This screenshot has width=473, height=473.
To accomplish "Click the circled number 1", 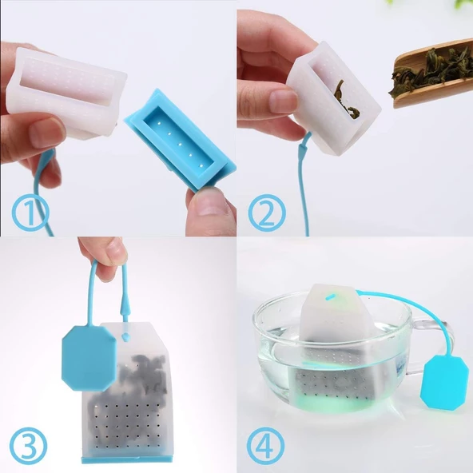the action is [x=30, y=212].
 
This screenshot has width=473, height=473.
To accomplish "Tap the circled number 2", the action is [x=267, y=213].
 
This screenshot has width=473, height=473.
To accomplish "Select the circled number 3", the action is [x=28, y=446].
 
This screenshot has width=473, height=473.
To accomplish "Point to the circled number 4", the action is [x=265, y=446].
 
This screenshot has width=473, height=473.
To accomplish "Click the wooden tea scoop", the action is [x=432, y=75].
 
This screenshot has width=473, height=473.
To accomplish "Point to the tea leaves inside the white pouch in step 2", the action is [x=347, y=100].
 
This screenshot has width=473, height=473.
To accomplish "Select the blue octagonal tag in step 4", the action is [x=445, y=383].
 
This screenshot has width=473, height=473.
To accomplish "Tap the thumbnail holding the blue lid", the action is [x=211, y=205].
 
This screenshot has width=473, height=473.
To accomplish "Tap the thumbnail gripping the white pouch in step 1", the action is [x=47, y=133].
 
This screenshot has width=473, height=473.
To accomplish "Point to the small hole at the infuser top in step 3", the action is [x=125, y=335].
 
